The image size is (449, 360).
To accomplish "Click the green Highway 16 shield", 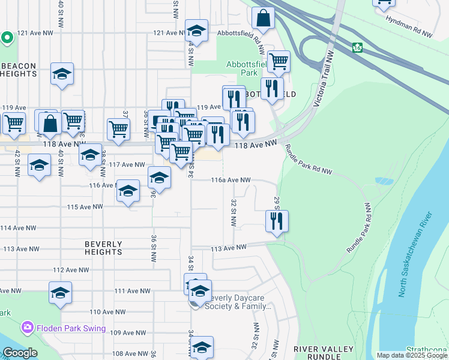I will click(x=357, y=47).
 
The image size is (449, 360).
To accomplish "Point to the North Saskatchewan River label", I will click(x=415, y=254).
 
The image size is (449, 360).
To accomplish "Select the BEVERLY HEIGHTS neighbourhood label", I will click(x=103, y=248).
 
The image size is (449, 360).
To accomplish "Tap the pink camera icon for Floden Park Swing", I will click(x=27, y=328).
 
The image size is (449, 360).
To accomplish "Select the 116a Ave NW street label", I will click(x=231, y=180).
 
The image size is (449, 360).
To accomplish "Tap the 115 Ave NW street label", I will click(x=85, y=207).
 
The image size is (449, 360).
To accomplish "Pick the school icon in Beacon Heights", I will click(x=62, y=74).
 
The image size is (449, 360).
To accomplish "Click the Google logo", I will click(x=20, y=353).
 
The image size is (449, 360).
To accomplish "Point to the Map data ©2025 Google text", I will click(x=412, y=355).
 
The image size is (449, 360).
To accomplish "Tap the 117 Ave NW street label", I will click(x=127, y=164).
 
